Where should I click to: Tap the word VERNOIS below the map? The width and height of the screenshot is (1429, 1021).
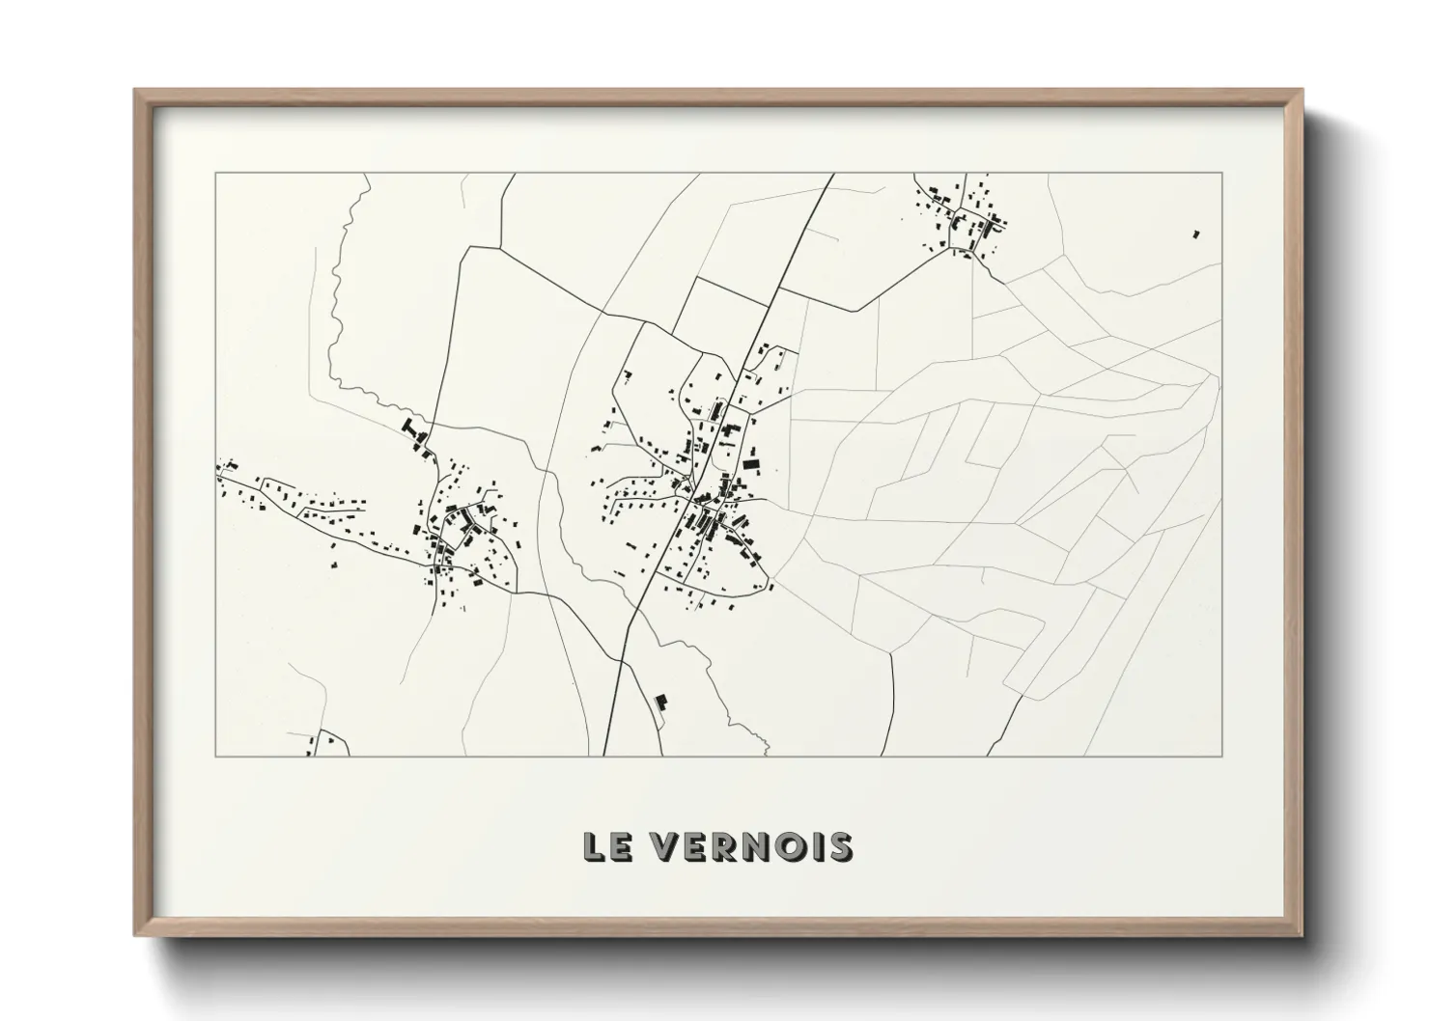click(x=748, y=846)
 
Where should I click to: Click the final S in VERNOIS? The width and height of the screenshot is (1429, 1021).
click(x=841, y=846)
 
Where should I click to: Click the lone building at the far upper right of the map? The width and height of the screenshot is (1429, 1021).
click(x=1195, y=234)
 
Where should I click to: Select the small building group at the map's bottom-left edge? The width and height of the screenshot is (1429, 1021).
click(x=322, y=744)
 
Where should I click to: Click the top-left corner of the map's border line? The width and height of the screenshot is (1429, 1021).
click(x=216, y=174)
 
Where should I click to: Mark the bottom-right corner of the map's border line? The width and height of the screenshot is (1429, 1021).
click(x=1221, y=756)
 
